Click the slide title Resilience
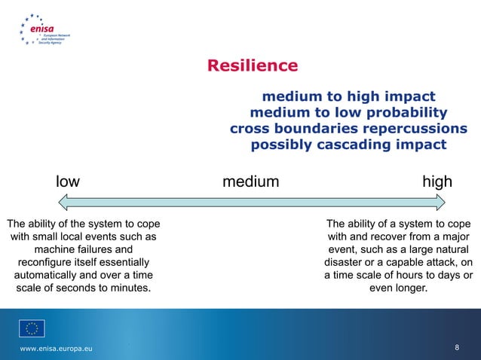coord(253,66)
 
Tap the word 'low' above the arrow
coord(68,182)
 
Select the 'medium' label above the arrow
coord(250,182)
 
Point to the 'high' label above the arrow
coord(437,182)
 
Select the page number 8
coord(458,347)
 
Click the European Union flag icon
coord(32,328)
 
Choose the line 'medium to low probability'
coord(348,113)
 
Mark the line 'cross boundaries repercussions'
coord(348,129)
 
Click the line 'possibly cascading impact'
coord(348,145)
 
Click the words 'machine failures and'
coord(83,249)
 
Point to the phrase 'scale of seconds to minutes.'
coord(83,288)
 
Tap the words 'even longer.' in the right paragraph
coord(398,288)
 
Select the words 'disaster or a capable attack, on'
coord(398,262)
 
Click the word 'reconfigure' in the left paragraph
coord(47,262)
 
